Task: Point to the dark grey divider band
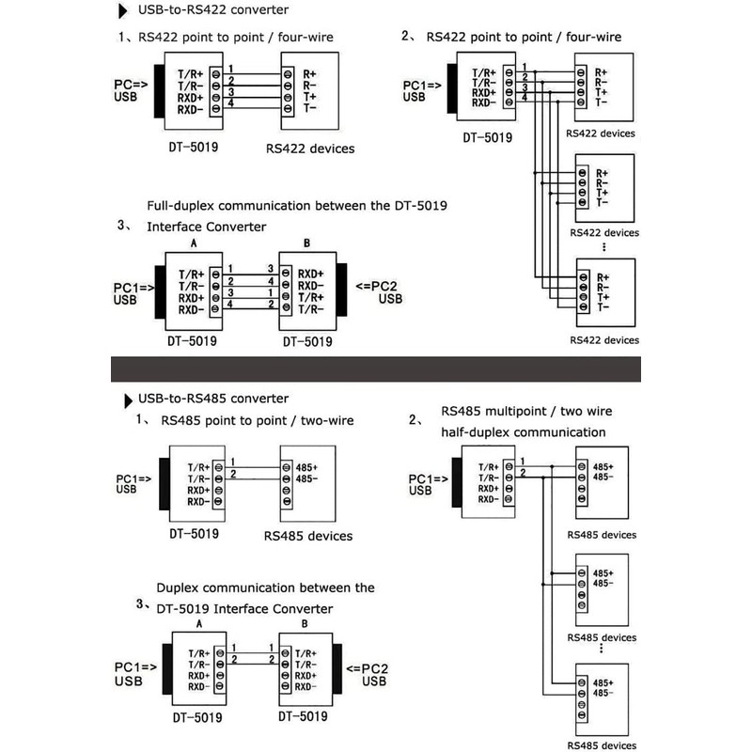(x=376, y=368)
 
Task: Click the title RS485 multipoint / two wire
(x=526, y=412)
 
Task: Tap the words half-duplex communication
(x=524, y=432)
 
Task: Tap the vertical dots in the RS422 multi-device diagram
(x=603, y=247)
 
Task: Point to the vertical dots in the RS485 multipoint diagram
(x=603, y=650)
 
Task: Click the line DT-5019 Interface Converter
(x=243, y=608)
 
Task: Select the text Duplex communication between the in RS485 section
(x=265, y=587)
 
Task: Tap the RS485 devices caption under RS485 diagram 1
(x=308, y=536)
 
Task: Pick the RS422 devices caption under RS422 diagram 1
(x=310, y=148)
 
